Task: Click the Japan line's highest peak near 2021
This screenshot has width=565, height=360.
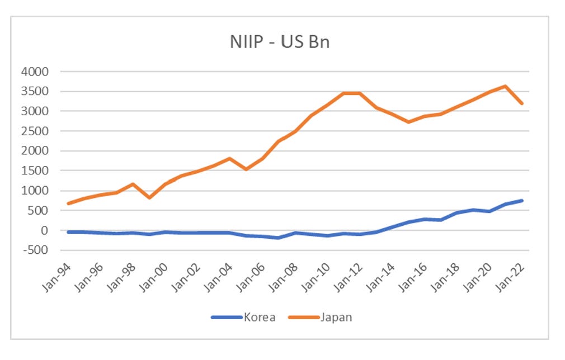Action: pos(506,86)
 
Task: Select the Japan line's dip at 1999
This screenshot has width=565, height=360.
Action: pos(149,198)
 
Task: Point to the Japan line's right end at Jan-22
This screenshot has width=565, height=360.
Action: pos(522,103)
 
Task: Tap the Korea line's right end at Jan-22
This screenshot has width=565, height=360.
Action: pos(522,201)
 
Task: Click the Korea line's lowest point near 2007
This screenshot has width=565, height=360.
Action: pos(279,238)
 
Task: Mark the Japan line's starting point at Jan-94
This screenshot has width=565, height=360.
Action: pos(68,203)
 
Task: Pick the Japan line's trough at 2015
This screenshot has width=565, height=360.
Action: pos(408,122)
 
